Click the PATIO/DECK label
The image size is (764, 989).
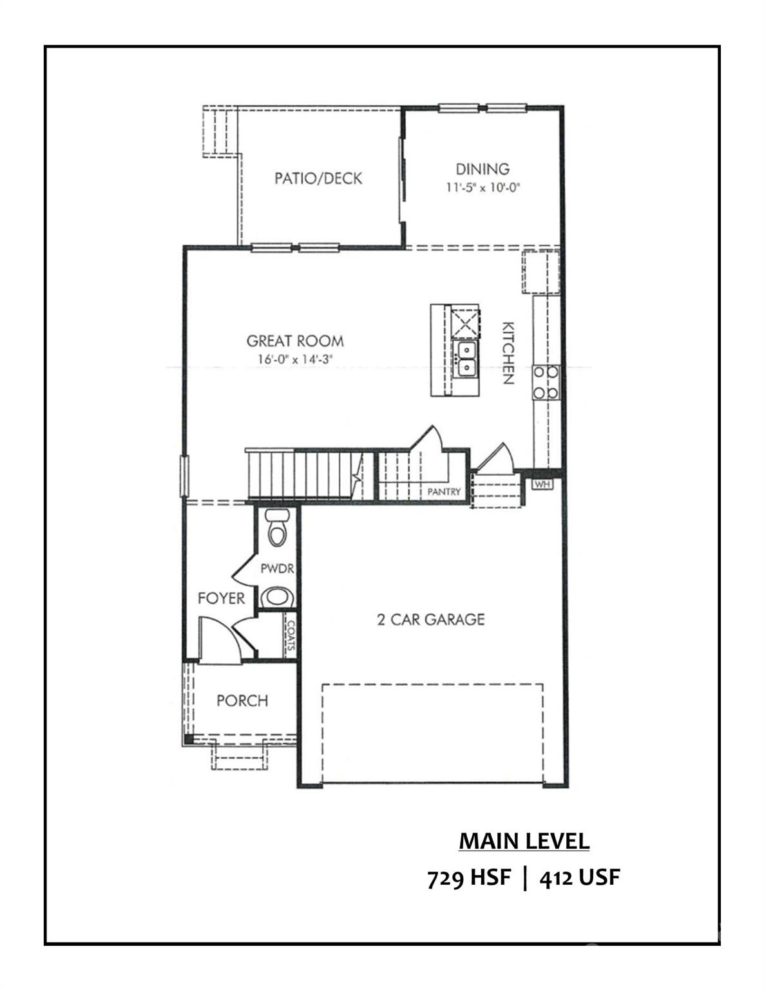(318, 178)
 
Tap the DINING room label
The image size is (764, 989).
(482, 169)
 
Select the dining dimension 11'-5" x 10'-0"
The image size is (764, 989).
(482, 188)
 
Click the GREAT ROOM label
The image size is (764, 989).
(295, 341)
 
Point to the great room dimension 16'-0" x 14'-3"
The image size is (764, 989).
(294, 359)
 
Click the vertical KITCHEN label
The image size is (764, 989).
(508, 352)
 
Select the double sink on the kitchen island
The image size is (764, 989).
(464, 359)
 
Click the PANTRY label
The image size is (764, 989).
(444, 492)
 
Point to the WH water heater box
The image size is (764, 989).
(543, 484)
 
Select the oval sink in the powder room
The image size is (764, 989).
(278, 596)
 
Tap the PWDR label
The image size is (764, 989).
(277, 569)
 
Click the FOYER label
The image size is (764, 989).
(221, 598)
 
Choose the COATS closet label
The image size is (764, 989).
(291, 636)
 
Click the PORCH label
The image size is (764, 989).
(242, 701)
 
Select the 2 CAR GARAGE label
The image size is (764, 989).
(430, 619)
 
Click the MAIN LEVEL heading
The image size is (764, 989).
(524, 841)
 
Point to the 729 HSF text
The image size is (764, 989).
(469, 878)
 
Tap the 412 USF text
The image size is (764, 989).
(580, 878)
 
